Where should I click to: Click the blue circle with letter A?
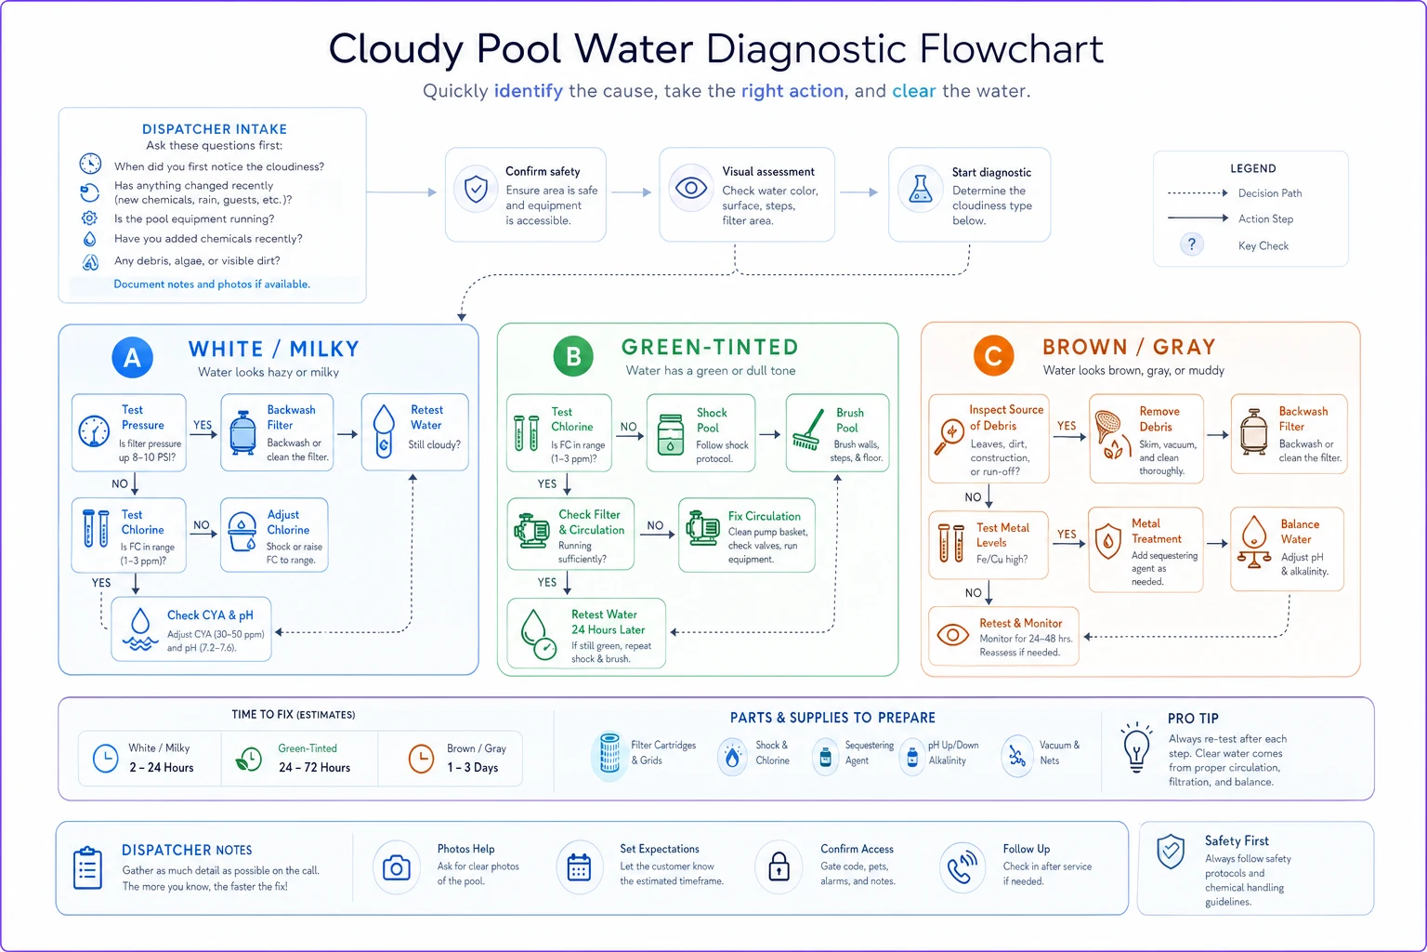(x=133, y=358)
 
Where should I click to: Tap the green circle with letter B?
(x=573, y=356)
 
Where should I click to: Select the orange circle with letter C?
(x=994, y=356)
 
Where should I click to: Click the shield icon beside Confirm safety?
(x=476, y=190)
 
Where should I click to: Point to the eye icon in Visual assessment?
(x=691, y=188)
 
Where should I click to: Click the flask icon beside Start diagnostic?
(x=920, y=189)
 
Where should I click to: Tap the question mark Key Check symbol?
(x=1191, y=245)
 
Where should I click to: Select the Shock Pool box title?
(x=711, y=420)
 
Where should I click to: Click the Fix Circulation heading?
(x=764, y=516)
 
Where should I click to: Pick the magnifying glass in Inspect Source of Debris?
(x=949, y=437)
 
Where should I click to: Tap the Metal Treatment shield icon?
(x=1108, y=542)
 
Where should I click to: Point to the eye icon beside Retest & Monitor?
(x=953, y=635)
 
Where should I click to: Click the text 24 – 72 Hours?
(x=315, y=768)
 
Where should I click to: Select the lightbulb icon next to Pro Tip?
(x=1136, y=748)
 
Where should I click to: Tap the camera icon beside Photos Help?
(x=397, y=867)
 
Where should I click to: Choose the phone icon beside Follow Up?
(x=962, y=867)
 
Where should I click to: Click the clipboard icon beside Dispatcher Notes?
(x=88, y=867)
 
